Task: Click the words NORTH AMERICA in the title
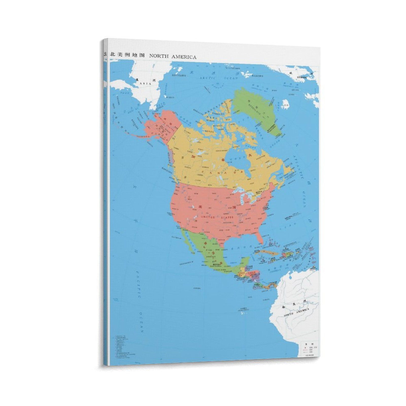click(173, 57)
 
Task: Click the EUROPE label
click(300, 77)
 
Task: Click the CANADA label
click(222, 172)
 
